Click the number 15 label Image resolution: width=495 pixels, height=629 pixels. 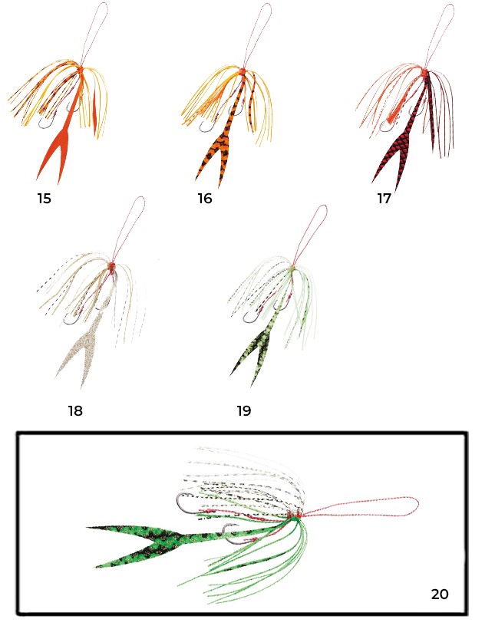45,199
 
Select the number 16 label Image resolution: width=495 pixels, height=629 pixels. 205,199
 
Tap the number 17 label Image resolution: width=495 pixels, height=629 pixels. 384,199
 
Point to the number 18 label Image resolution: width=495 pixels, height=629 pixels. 75,411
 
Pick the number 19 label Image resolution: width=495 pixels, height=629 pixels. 244,411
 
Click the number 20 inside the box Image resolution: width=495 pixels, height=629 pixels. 440,594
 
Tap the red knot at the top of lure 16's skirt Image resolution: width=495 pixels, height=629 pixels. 243,72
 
